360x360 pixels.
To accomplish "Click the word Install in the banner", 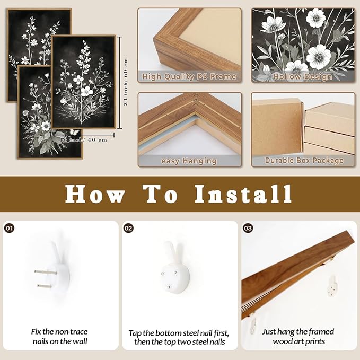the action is pos(243,194).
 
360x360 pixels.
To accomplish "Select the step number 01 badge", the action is pos(9,228).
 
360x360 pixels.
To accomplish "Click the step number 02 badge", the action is pos(128,228).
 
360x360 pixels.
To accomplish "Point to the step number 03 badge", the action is pos(248,228).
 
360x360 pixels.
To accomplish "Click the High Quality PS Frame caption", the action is pos(189,77).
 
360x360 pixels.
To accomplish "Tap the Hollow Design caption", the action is pos(303,77).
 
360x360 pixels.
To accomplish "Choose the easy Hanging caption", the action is pos(189,161).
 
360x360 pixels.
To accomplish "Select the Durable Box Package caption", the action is pos(304,161).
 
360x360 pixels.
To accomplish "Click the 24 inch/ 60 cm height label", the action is pos(126,82).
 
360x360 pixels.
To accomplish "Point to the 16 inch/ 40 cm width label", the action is pos(83,139).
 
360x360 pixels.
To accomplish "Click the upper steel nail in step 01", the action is pos(46,273).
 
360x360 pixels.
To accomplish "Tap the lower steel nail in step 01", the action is pos(47,286).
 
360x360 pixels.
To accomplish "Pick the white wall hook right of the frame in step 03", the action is pos(332,286).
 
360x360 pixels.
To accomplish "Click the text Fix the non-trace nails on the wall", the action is pos(60,337).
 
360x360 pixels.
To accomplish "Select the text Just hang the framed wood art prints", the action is pos(298,337).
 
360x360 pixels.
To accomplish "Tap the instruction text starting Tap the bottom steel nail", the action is pos(179,338).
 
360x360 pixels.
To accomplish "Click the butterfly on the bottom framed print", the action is pos(74,132).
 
